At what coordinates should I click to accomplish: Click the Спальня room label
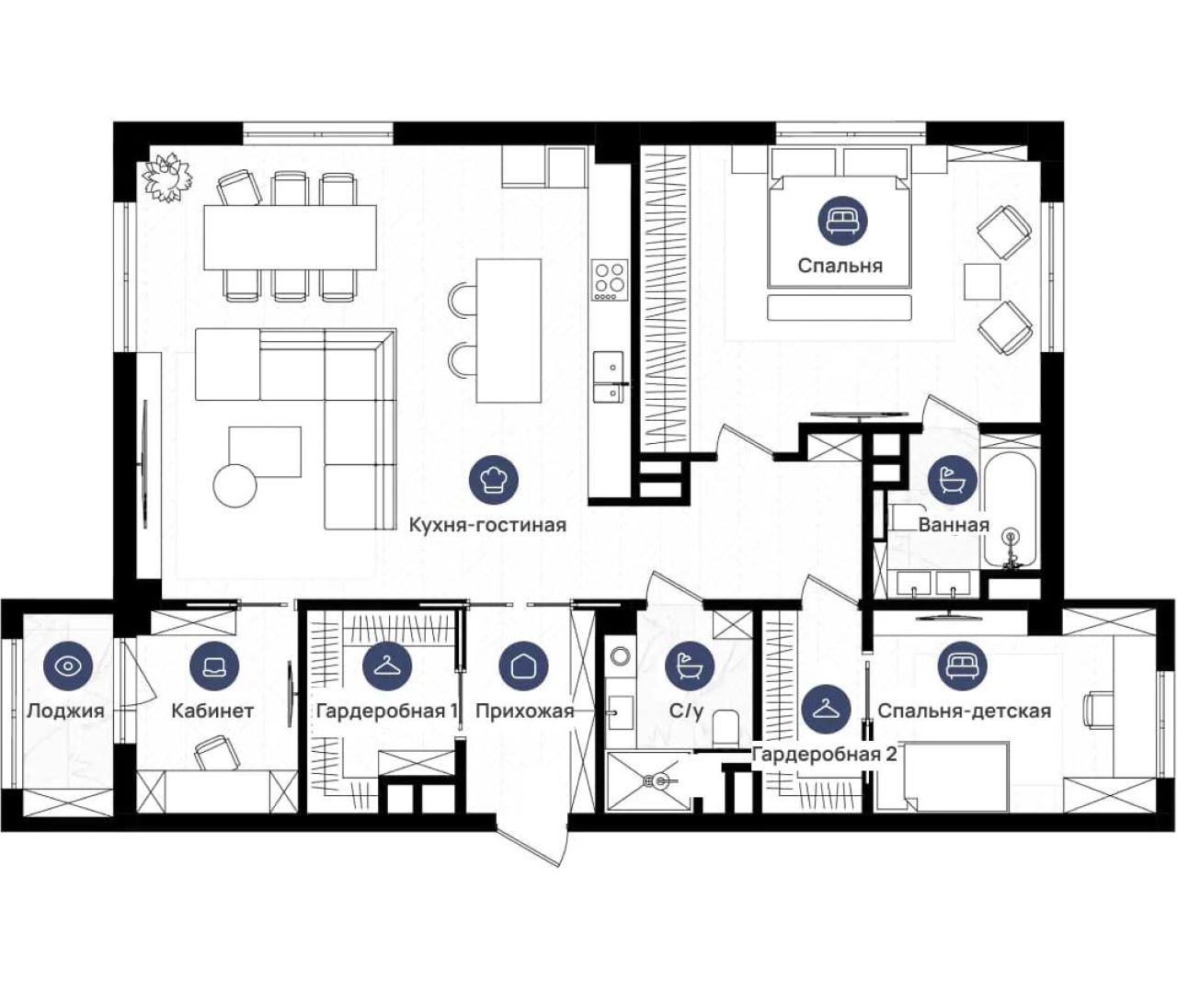click(840, 266)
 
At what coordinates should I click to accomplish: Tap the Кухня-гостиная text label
click(487, 525)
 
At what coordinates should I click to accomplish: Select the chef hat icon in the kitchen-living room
click(494, 480)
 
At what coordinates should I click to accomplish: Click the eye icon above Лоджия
click(68, 666)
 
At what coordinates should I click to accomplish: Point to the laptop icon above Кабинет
click(214, 666)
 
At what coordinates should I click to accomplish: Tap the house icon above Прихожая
click(524, 666)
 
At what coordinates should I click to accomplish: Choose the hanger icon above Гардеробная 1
click(387, 666)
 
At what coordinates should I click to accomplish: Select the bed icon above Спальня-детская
click(963, 666)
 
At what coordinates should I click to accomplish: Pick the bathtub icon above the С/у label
click(690, 666)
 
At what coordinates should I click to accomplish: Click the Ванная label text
click(954, 525)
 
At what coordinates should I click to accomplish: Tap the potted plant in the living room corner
click(166, 178)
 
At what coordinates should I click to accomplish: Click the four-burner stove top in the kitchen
click(610, 280)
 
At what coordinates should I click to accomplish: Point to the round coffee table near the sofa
click(235, 486)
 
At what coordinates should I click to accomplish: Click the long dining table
click(290, 237)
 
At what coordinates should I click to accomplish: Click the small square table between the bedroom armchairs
click(982, 281)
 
